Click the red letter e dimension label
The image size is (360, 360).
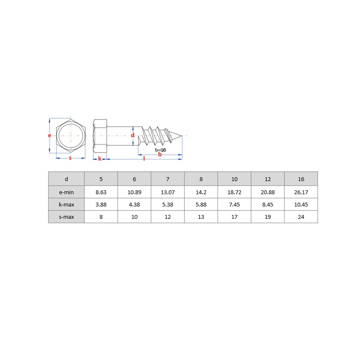click(50, 136)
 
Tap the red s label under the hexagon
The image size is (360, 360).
click(70, 158)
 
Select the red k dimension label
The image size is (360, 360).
click(100, 159)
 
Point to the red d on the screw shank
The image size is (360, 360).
click(132, 135)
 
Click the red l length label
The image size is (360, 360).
click(144, 159)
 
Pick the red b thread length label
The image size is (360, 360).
click(160, 154)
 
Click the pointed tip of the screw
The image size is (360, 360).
click(182, 136)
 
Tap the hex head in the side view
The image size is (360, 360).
click(100, 136)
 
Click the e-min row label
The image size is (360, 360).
click(66, 192)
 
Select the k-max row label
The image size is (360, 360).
click(66, 204)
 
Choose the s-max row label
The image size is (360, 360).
click(66, 217)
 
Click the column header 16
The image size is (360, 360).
click(301, 179)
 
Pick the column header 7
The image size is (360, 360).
click(168, 179)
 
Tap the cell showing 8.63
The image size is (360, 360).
click(101, 192)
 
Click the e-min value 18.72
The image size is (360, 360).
click(234, 192)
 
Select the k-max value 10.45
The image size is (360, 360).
click(301, 204)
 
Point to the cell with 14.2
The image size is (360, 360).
click(201, 192)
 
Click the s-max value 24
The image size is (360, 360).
click(301, 217)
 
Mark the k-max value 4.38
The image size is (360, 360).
click(134, 204)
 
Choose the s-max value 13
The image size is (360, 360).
click(201, 217)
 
